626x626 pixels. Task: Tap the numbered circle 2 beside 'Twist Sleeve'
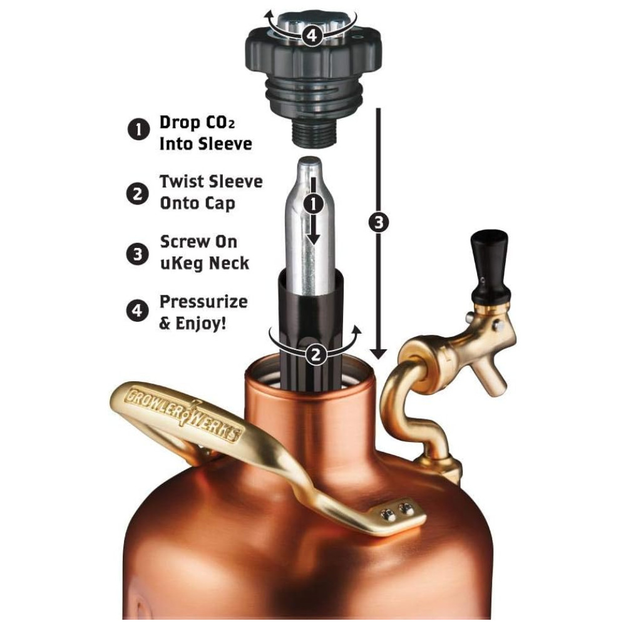137,193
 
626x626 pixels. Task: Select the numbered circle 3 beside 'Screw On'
137,254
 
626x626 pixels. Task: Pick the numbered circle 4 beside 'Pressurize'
137,310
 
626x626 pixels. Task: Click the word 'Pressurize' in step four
203,302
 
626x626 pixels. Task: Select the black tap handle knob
490,264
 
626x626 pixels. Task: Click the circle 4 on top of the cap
312,36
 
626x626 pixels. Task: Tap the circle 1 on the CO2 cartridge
314,204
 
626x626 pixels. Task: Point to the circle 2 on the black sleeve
316,354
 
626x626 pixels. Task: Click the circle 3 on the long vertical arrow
379,222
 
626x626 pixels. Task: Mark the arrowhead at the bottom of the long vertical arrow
379,354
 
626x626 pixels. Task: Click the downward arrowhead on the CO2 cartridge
314,239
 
